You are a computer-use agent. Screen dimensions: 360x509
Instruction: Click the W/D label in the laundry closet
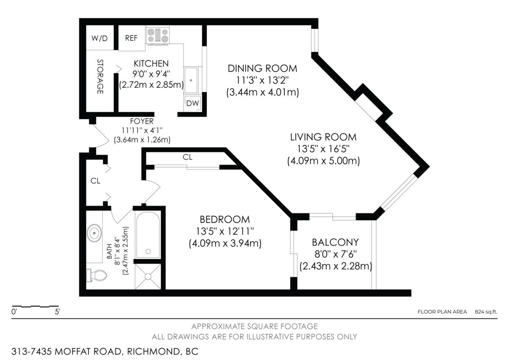click(x=100, y=38)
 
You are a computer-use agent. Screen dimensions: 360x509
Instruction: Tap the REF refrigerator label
click(x=131, y=38)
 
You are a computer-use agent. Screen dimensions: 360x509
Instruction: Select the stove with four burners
click(x=158, y=35)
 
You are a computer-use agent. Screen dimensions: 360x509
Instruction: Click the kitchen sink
click(x=191, y=80)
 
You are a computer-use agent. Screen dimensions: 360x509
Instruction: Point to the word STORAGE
click(x=100, y=76)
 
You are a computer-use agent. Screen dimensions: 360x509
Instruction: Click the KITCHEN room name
click(x=151, y=64)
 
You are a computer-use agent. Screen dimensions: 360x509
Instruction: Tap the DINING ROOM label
click(x=262, y=68)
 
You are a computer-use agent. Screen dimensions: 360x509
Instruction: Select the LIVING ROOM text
click(x=323, y=137)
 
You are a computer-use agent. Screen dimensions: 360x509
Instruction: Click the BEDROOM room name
click(x=224, y=219)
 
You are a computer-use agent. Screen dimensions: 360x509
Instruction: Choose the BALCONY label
click(x=335, y=242)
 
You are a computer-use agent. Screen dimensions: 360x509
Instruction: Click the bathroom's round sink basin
click(x=94, y=233)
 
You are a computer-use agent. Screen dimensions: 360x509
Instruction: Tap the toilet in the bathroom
click(x=97, y=276)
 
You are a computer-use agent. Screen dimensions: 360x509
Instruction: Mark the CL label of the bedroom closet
click(x=187, y=157)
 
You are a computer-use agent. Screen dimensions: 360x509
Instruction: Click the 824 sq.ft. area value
click(x=486, y=312)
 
